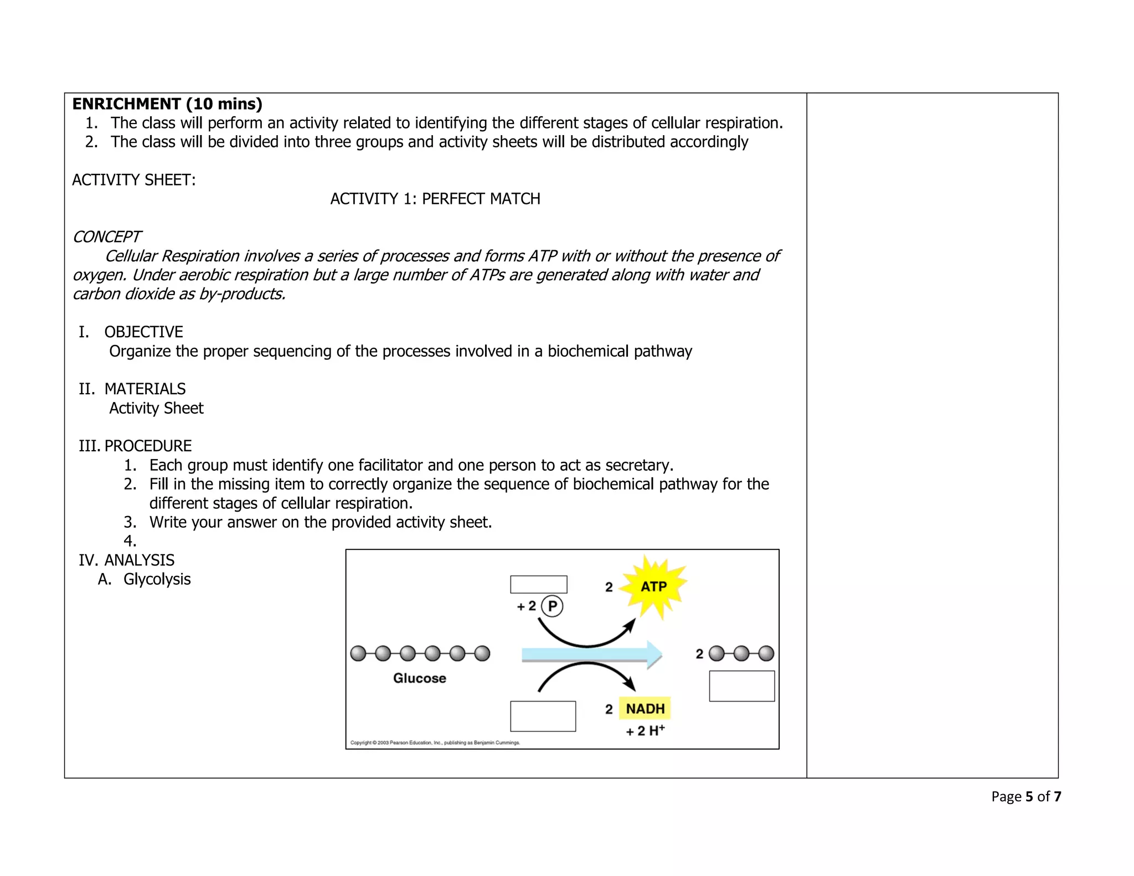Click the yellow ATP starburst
[x=653, y=586]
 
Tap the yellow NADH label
[x=645, y=708]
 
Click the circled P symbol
[x=552, y=606]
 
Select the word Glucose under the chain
[x=419, y=678]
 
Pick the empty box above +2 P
[x=538, y=584]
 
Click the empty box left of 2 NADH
[x=543, y=716]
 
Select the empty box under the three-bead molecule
[x=741, y=686]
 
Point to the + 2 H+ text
[x=645, y=731]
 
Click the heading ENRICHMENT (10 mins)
[x=167, y=104]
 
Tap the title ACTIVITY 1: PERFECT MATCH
[x=435, y=199]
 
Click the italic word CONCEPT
[x=107, y=237]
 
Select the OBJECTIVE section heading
[x=143, y=332]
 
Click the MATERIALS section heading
[x=145, y=389]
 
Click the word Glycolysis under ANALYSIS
[x=157, y=579]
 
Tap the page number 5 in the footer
[x=1029, y=796]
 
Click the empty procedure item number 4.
[x=130, y=541]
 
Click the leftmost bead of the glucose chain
[x=358, y=653]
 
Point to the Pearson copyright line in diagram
[x=435, y=743]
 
